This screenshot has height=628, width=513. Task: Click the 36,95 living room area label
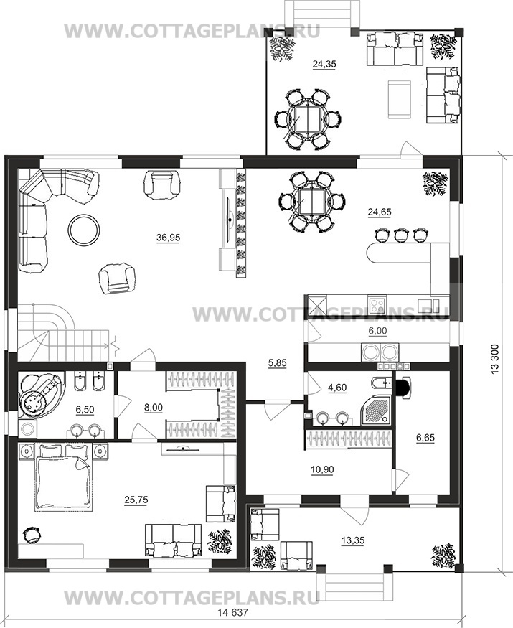pyautogui.click(x=168, y=238)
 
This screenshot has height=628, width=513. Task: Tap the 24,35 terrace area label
pyautogui.click(x=324, y=64)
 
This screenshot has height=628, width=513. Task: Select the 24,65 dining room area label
pyautogui.click(x=380, y=212)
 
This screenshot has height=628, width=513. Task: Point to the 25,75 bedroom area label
pyautogui.click(x=136, y=500)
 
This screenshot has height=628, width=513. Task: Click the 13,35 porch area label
pyautogui.click(x=353, y=540)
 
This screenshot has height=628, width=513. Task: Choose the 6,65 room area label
pyautogui.click(x=425, y=438)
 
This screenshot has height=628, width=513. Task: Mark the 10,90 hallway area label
pyautogui.click(x=322, y=469)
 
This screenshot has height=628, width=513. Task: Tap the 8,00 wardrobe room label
pyautogui.click(x=154, y=408)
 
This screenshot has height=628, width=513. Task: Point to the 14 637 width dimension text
pyautogui.click(x=232, y=612)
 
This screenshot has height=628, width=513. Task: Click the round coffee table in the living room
pyautogui.click(x=84, y=230)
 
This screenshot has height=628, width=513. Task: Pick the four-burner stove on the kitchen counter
pyautogui.click(x=377, y=306)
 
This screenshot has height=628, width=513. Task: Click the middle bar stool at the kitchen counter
pyautogui.click(x=400, y=235)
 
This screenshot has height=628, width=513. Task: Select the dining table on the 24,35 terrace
pyautogui.click(x=308, y=119)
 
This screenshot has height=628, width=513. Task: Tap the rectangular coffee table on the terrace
pyautogui.click(x=399, y=99)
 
